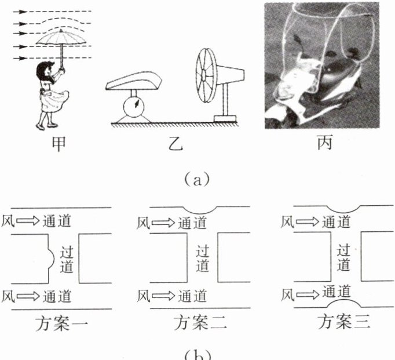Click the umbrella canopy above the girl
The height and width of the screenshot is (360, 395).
[x=61, y=38]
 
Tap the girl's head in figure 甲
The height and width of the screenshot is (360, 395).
[x=45, y=72]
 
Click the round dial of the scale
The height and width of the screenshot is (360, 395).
[x=134, y=107]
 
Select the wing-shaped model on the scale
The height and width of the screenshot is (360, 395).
[x=134, y=81]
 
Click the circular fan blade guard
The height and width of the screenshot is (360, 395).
[x=206, y=75]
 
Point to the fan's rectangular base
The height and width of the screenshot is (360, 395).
[x=225, y=118]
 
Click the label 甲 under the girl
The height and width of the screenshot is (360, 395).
[x=58, y=143]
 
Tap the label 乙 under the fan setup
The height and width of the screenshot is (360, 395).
[x=175, y=144]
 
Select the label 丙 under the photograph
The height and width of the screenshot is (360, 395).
[x=325, y=142]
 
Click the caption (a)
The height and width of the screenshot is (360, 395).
[x=197, y=179]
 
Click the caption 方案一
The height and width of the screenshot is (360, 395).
[x=61, y=323]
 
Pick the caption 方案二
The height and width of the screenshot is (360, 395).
[x=200, y=323]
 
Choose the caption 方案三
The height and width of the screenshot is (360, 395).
[x=344, y=322]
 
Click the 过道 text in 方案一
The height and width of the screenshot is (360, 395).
[x=67, y=259]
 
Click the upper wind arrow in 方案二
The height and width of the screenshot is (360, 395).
[x=163, y=223]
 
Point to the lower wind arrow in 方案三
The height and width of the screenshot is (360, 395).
[x=308, y=294]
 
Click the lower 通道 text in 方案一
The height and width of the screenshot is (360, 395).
[x=57, y=296]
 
